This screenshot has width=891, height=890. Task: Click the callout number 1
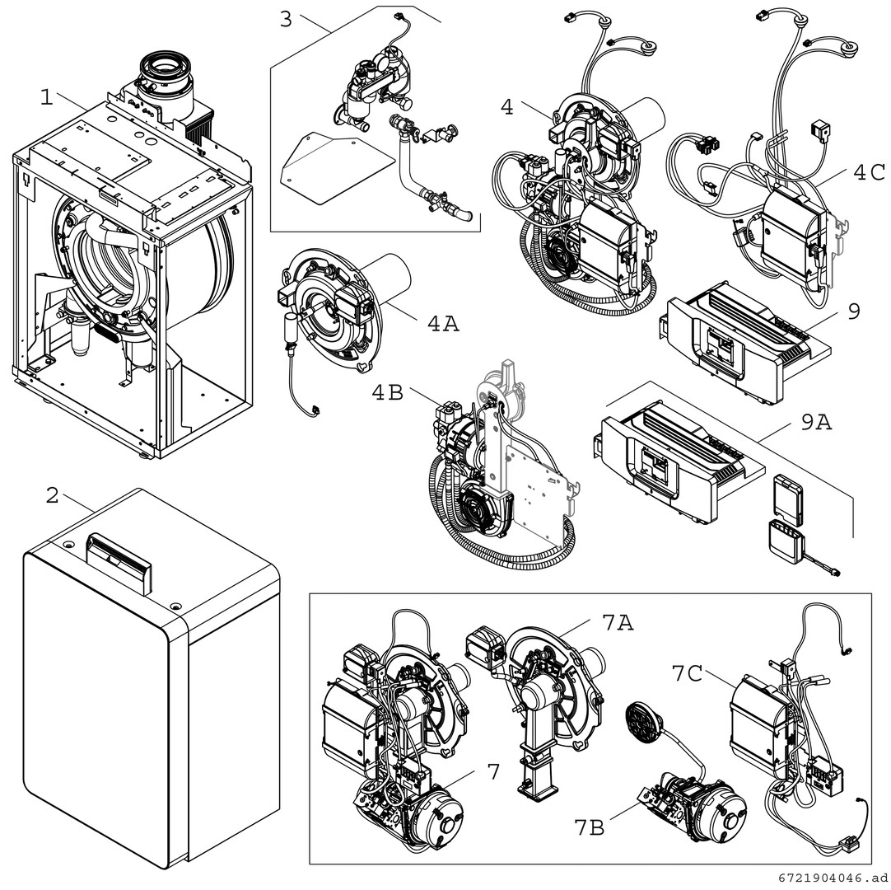click(x=46, y=97)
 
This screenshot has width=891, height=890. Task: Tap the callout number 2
click(x=53, y=495)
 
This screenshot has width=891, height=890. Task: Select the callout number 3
click(x=286, y=19)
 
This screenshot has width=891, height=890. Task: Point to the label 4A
click(x=442, y=324)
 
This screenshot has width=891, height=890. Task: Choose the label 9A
click(x=815, y=424)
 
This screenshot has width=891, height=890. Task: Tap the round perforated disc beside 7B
click(x=645, y=722)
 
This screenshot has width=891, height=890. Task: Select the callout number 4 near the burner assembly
click(x=507, y=106)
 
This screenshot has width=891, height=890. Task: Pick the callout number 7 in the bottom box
click(x=493, y=772)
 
